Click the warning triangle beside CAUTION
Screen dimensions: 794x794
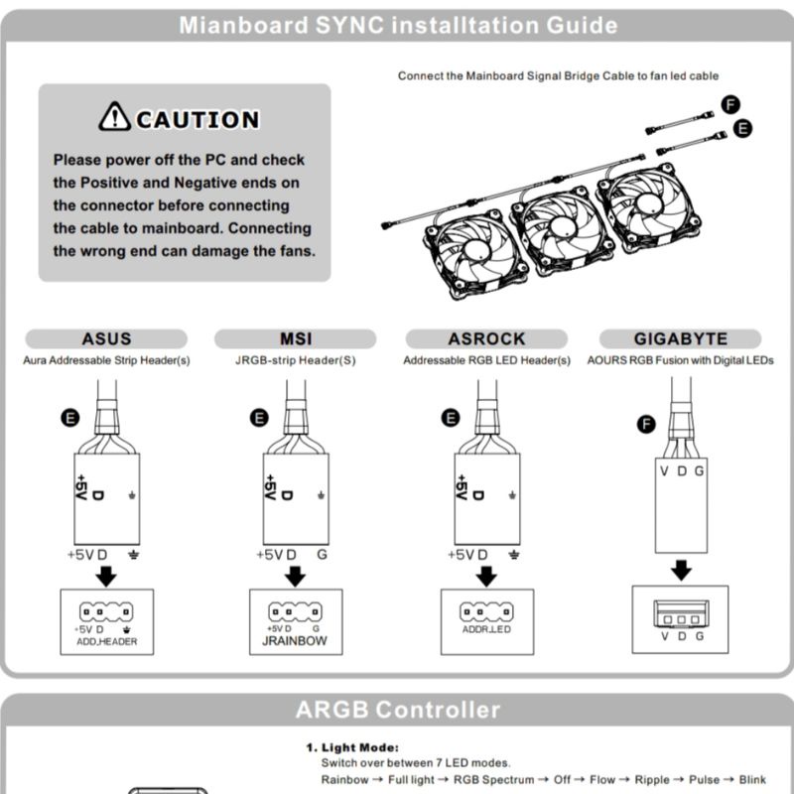tap(114, 117)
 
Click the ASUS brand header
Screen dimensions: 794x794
tap(106, 339)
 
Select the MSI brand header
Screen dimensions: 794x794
tap(296, 339)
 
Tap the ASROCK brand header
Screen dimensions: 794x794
tap(486, 339)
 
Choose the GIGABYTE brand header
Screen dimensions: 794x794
tap(680, 339)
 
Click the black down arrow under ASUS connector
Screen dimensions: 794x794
tap(106, 576)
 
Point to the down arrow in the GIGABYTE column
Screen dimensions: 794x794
tap(681, 571)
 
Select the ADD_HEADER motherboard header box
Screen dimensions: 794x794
tap(106, 621)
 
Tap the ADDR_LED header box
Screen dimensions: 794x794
tap(486, 619)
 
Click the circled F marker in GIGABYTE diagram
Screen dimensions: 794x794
tap(646, 424)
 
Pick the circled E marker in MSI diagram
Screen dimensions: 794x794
tap(260, 418)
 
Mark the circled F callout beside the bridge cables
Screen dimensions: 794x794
tap(731, 105)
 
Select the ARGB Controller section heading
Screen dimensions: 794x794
tap(397, 710)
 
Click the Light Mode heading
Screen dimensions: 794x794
tap(356, 747)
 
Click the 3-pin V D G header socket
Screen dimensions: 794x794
tap(681, 615)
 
